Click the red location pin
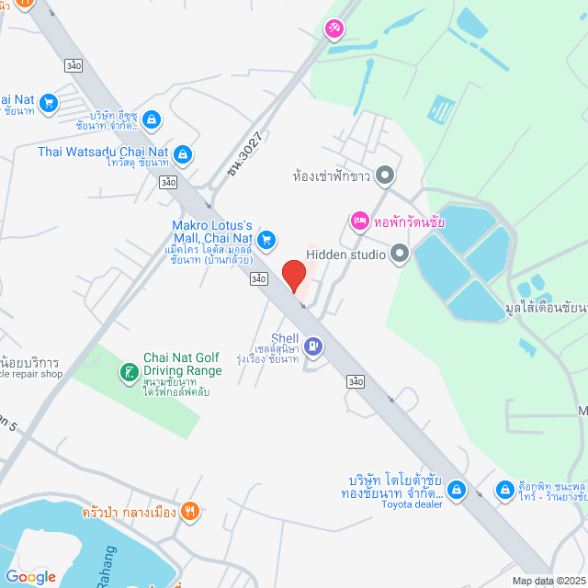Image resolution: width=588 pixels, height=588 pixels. pyautogui.click(x=293, y=275)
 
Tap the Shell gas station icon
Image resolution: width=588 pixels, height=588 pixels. pyautogui.click(x=314, y=345)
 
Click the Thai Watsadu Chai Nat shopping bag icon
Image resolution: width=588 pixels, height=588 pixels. pyautogui.click(x=183, y=153)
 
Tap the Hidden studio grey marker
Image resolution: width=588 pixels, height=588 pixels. pyautogui.click(x=399, y=252)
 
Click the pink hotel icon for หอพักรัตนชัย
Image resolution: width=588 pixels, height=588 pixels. pyautogui.click(x=358, y=221)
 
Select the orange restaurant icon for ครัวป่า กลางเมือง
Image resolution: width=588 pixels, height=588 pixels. pyautogui.click(x=190, y=512)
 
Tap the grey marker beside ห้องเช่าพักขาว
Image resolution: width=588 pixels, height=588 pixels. pyautogui.click(x=385, y=174)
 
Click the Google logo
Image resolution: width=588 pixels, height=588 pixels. pyautogui.click(x=30, y=576)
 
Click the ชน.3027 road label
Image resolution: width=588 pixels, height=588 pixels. pyautogui.click(x=245, y=155)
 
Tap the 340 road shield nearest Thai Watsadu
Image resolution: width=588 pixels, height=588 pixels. pyautogui.click(x=166, y=182)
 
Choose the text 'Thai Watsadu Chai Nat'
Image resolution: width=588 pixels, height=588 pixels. pyautogui.click(x=103, y=152)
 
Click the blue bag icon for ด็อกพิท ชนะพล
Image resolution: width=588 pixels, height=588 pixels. pyautogui.click(x=503, y=490)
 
